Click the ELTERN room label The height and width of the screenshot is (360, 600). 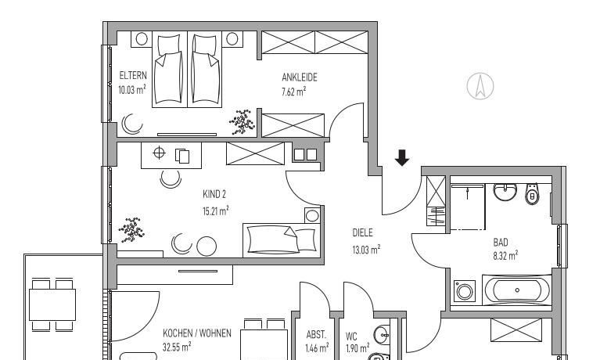click(x=132, y=76)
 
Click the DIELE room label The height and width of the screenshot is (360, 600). click(x=362, y=232)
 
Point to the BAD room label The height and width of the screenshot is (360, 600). click(x=501, y=243)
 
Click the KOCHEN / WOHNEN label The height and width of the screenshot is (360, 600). click(x=197, y=333)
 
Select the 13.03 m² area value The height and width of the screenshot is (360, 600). click(x=365, y=250)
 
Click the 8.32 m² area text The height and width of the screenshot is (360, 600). click(x=505, y=254)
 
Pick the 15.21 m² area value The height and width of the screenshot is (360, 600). click(x=215, y=211)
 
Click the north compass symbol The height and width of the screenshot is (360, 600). click(x=480, y=85)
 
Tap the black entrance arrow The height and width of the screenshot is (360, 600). click(x=402, y=158)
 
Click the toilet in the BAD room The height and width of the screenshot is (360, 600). click(x=533, y=194)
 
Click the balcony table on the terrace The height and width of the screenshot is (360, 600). click(x=52, y=301)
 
